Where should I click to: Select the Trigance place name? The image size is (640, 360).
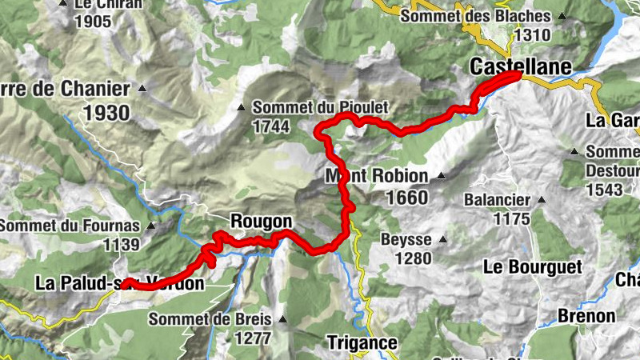362,342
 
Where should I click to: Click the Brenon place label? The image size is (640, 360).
587,315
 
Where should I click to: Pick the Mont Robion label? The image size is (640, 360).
377,176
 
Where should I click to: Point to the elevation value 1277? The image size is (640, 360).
253,338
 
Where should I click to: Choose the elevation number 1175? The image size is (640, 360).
513,218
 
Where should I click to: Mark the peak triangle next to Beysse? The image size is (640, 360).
442,239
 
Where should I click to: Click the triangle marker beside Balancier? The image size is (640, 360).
542,200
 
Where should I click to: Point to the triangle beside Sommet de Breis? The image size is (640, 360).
282,320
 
